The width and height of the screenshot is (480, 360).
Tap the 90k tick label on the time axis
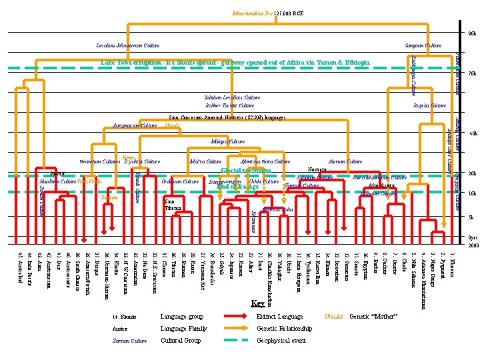[471, 33]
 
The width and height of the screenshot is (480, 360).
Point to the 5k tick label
[471, 217]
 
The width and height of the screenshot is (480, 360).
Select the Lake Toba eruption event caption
[235, 63]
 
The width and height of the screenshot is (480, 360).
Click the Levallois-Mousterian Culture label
[129, 46]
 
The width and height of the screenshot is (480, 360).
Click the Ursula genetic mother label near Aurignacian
[172, 125]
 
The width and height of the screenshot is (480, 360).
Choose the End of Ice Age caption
[238, 187]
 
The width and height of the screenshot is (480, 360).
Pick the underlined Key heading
[257, 303]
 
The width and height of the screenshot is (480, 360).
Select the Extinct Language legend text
[280, 316]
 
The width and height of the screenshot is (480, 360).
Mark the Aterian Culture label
[345, 161]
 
